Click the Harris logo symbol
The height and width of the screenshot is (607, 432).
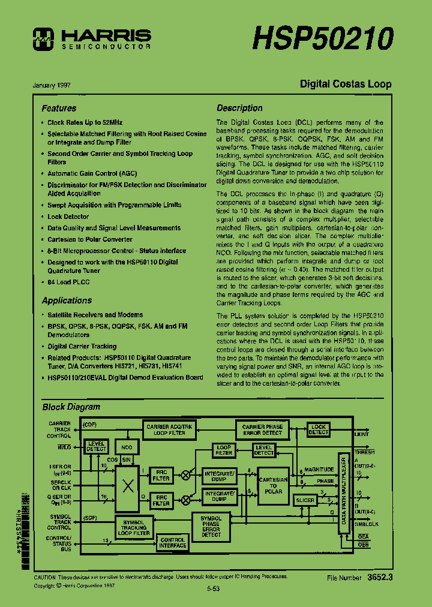[x=44, y=38]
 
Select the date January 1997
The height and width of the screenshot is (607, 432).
[x=52, y=85]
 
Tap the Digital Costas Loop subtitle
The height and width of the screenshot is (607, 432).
[x=346, y=84]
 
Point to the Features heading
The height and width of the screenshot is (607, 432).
[x=59, y=109]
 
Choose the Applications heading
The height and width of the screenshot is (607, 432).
[x=67, y=301]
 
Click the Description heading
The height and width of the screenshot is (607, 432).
[x=239, y=108]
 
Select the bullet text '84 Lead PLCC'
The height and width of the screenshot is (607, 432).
[x=68, y=282]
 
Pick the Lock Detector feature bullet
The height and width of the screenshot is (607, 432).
[x=68, y=217]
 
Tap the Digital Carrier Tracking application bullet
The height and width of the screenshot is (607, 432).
[x=82, y=346]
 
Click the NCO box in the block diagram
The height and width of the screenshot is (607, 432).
[x=127, y=447]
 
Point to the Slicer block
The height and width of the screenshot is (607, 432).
[x=305, y=500]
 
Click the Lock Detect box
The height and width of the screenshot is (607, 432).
[x=318, y=429]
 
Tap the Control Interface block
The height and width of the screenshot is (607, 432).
[x=172, y=542]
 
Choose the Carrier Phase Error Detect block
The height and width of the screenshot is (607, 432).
[x=262, y=429]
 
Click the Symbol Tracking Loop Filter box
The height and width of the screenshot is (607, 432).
[x=134, y=527]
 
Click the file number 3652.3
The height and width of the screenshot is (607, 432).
[x=380, y=578]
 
